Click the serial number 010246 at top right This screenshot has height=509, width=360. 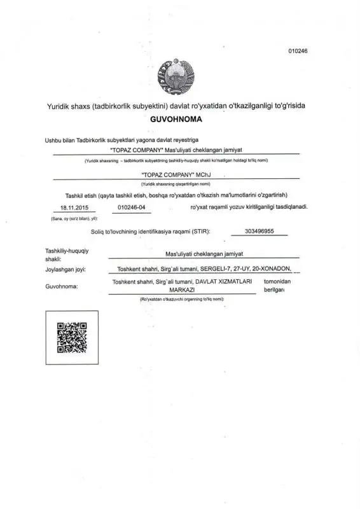tap(298, 52)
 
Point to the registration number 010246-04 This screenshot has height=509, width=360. tap(132, 207)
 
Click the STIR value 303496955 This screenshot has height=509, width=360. tap(259, 232)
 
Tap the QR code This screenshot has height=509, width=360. tap(72, 338)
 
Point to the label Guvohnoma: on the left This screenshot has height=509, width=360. tap(61, 287)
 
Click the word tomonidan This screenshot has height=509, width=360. tap(277, 281)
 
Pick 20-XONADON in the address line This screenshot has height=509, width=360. tap(272, 269)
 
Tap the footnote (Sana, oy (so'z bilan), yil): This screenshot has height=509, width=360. tap(74, 219)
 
